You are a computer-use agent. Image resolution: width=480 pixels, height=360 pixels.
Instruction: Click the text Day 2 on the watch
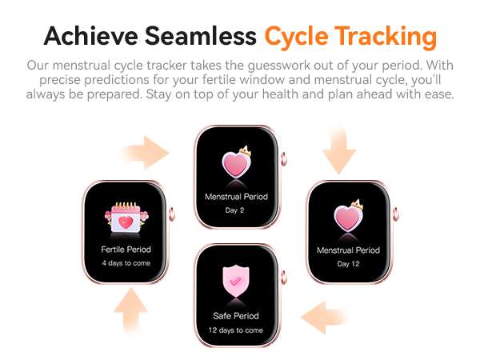pos(235,210)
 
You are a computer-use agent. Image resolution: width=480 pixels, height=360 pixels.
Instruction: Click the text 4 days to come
pos(126,263)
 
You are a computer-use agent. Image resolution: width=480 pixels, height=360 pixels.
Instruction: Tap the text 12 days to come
pos(236,330)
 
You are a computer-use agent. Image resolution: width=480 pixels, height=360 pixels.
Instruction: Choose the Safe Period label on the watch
pos(236,315)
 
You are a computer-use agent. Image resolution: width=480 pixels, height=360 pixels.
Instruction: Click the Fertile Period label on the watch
pos(126,250)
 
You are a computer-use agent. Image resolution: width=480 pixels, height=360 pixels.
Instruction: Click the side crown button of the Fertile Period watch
pos(171,214)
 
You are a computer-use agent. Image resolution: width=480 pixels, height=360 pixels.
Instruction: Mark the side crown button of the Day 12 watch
pos(394,214)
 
